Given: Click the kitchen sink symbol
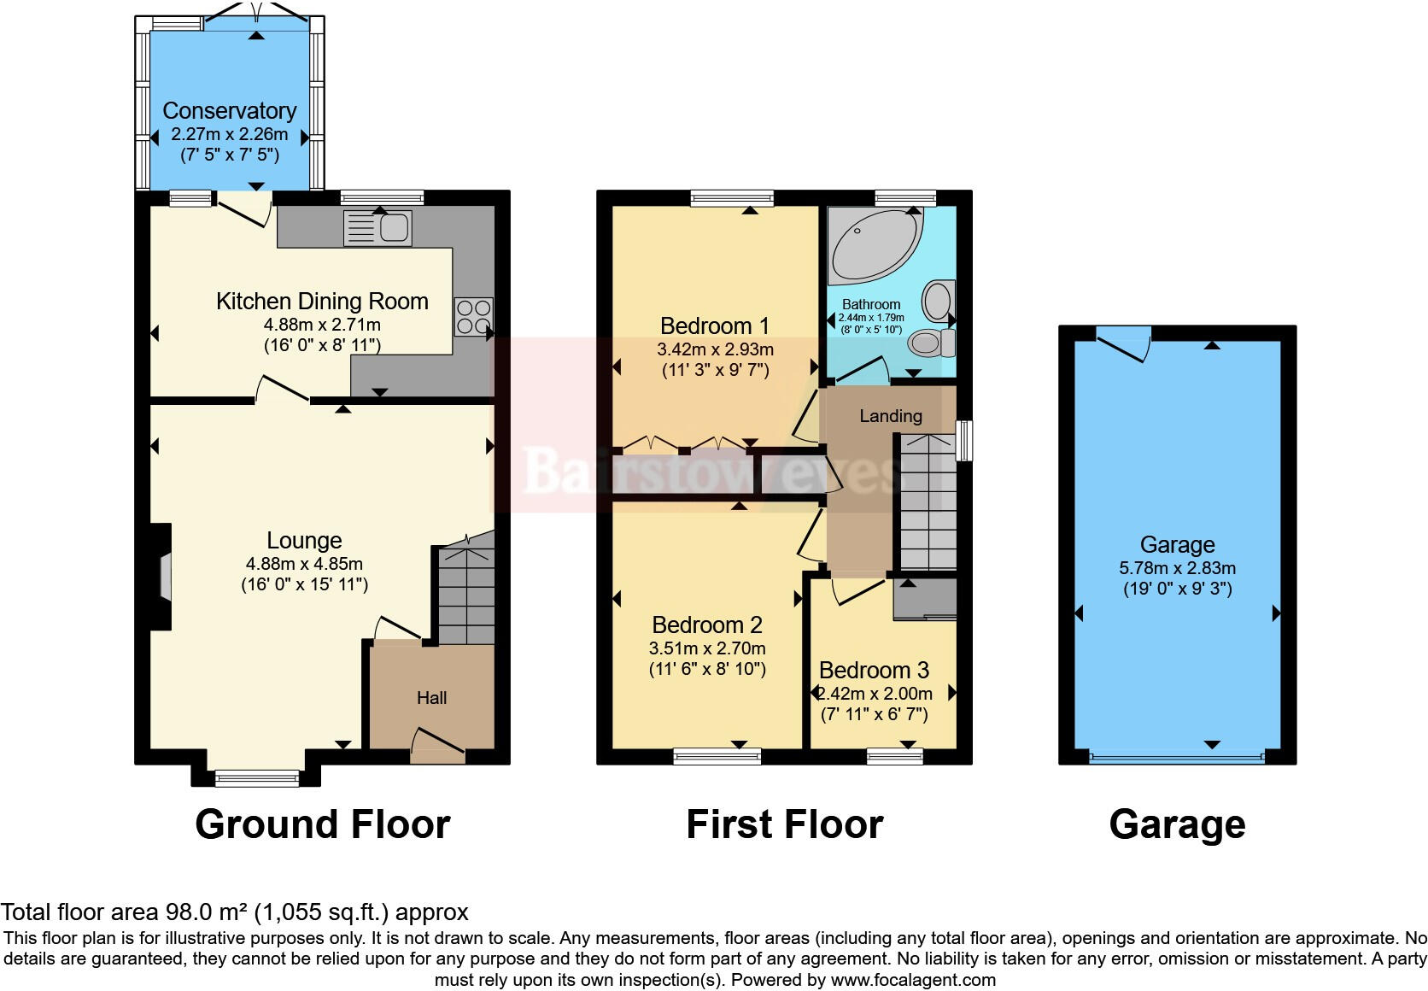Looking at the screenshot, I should (378, 228).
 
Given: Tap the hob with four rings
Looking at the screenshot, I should (473, 316).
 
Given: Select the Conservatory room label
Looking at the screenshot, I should (229, 111).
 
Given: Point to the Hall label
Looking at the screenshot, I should (431, 698).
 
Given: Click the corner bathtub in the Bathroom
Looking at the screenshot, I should (871, 243).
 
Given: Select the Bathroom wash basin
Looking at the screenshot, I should (938, 301).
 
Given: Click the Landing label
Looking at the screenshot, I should (890, 416).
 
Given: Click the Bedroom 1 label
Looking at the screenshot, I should (714, 325).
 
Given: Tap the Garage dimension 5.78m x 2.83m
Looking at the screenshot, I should (1177, 568).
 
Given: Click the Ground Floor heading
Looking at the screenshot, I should (322, 824).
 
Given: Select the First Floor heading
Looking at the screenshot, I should (784, 824).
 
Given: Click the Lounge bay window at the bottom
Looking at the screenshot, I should (256, 777).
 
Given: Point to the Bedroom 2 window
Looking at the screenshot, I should (717, 755).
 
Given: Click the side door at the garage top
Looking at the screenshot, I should (1122, 343).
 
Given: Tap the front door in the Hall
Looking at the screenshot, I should (438, 745).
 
